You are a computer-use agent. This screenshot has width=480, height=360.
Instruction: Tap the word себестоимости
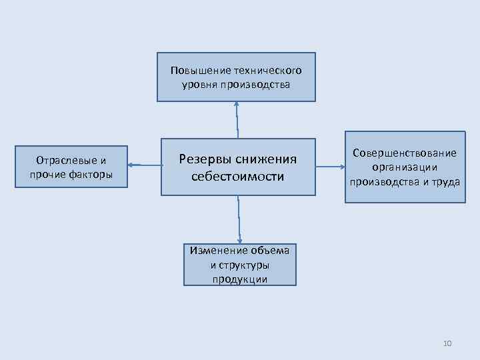click(x=237, y=177)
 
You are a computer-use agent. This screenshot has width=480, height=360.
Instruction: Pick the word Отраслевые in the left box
click(x=65, y=161)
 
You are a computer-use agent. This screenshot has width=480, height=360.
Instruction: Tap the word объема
click(x=271, y=251)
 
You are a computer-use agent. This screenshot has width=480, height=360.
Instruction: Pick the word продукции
click(x=240, y=279)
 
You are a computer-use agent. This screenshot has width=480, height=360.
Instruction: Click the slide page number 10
click(x=447, y=343)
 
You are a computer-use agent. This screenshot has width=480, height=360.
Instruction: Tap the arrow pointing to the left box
click(x=143, y=164)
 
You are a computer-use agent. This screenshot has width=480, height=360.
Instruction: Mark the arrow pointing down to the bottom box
click(x=239, y=220)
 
